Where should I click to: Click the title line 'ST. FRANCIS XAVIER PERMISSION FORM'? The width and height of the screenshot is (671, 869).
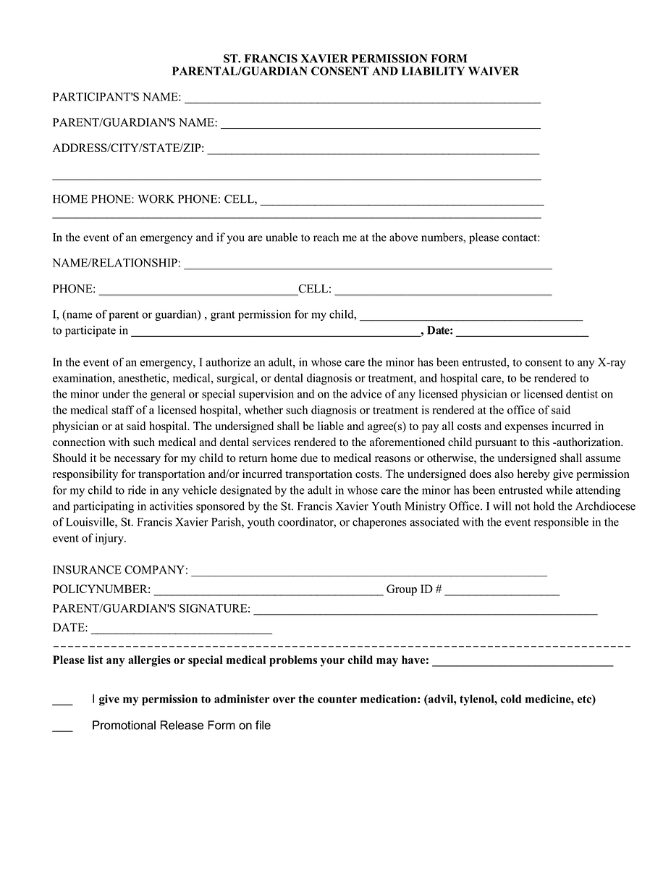[x=345, y=59]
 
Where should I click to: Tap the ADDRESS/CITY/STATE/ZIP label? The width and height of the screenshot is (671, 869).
[x=128, y=148]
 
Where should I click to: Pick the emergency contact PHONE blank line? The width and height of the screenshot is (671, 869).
[x=198, y=293]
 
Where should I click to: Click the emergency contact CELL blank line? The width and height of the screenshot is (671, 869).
[x=443, y=293]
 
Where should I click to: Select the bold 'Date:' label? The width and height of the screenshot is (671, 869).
[x=440, y=331]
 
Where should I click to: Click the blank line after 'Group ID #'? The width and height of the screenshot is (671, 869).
[x=502, y=593]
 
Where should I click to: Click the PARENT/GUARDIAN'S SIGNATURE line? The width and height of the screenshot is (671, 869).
[x=425, y=613]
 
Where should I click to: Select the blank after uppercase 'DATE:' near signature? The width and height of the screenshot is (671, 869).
[x=181, y=631]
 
